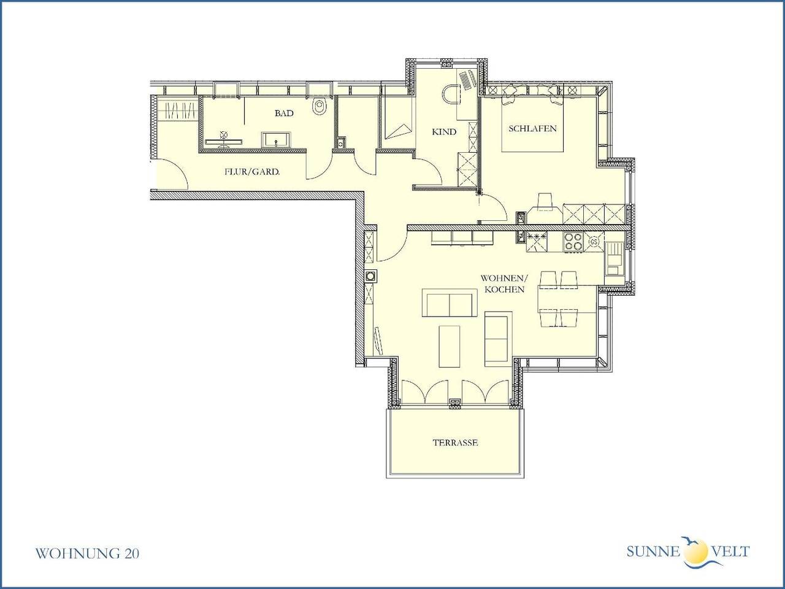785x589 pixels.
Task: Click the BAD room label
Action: pyautogui.click(x=284, y=114)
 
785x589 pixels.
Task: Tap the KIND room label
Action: pyautogui.click(x=444, y=131)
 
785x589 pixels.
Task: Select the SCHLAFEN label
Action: pyautogui.click(x=532, y=128)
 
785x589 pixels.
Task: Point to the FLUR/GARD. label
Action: pyautogui.click(x=252, y=172)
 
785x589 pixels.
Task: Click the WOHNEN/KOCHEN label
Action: pyautogui.click(x=502, y=283)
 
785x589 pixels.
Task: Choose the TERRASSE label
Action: pyautogui.click(x=454, y=442)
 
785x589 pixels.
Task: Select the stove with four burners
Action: pyautogui.click(x=573, y=242)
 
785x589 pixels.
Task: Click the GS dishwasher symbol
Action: pyautogui.click(x=594, y=242)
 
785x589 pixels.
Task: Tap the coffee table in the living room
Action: pyautogui.click(x=450, y=346)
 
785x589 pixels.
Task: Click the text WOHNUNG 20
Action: pyautogui.click(x=88, y=553)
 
